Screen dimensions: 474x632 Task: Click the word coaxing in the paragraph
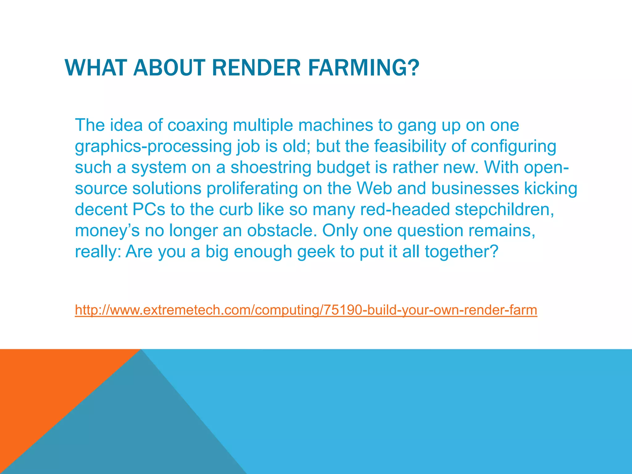pos(197,125)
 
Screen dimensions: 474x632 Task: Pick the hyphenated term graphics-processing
pos(153,147)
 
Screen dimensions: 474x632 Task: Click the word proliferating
pos(252,189)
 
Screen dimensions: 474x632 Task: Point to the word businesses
pos(475,188)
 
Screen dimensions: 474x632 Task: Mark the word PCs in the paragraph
pos(149,210)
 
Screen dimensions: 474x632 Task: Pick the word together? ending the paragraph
pos(462,252)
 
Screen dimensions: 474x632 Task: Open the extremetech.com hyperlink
pos(306,310)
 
